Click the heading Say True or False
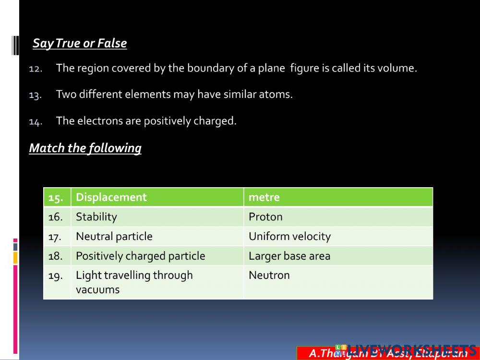pyautogui.click(x=80, y=43)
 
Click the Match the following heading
pyautogui.click(x=85, y=148)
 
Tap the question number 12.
pyautogui.click(x=36, y=69)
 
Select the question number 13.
pyautogui.click(x=36, y=95)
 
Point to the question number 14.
pyautogui.click(x=36, y=121)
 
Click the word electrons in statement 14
pyautogui.click(x=100, y=120)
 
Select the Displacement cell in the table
pyautogui.click(x=111, y=197)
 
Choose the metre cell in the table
pyautogui.click(x=264, y=197)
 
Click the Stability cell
pyautogui.click(x=96, y=217)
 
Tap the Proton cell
pyautogui.click(x=265, y=217)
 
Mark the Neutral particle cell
pyautogui.click(x=114, y=237)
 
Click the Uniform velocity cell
pyautogui.click(x=289, y=237)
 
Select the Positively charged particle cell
pyautogui.click(x=140, y=256)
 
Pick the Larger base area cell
pyautogui.click(x=289, y=256)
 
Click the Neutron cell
pyautogui.click(x=269, y=276)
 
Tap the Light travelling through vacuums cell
pyautogui.click(x=134, y=282)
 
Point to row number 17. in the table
pyautogui.click(x=56, y=237)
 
